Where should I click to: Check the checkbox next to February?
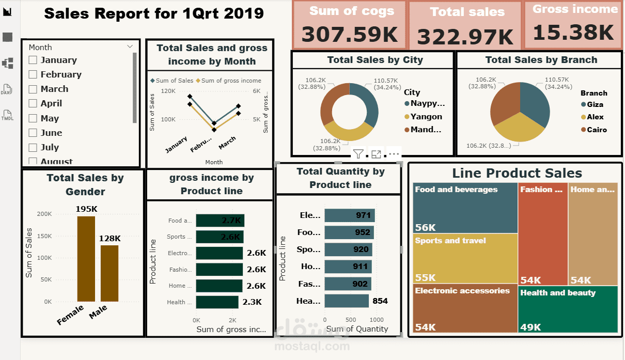[33, 75]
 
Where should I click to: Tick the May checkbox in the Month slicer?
[33, 118]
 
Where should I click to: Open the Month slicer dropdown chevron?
[130, 46]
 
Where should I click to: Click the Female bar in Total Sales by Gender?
[86, 258]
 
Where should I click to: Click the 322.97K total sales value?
[465, 37]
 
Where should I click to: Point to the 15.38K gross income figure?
[573, 33]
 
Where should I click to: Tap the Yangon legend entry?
[426, 117]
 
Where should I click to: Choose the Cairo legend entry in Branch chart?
[596, 130]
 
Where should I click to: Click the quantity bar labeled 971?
[350, 215]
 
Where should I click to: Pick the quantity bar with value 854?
[346, 301]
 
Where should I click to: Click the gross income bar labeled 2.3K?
[217, 302]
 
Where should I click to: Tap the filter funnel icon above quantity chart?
[358, 154]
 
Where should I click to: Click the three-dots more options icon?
[394, 154]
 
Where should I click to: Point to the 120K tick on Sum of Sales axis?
[168, 91]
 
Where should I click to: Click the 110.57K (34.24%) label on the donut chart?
[380, 84]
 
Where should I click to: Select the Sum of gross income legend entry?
[231, 81]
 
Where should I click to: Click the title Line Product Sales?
[517, 174]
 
